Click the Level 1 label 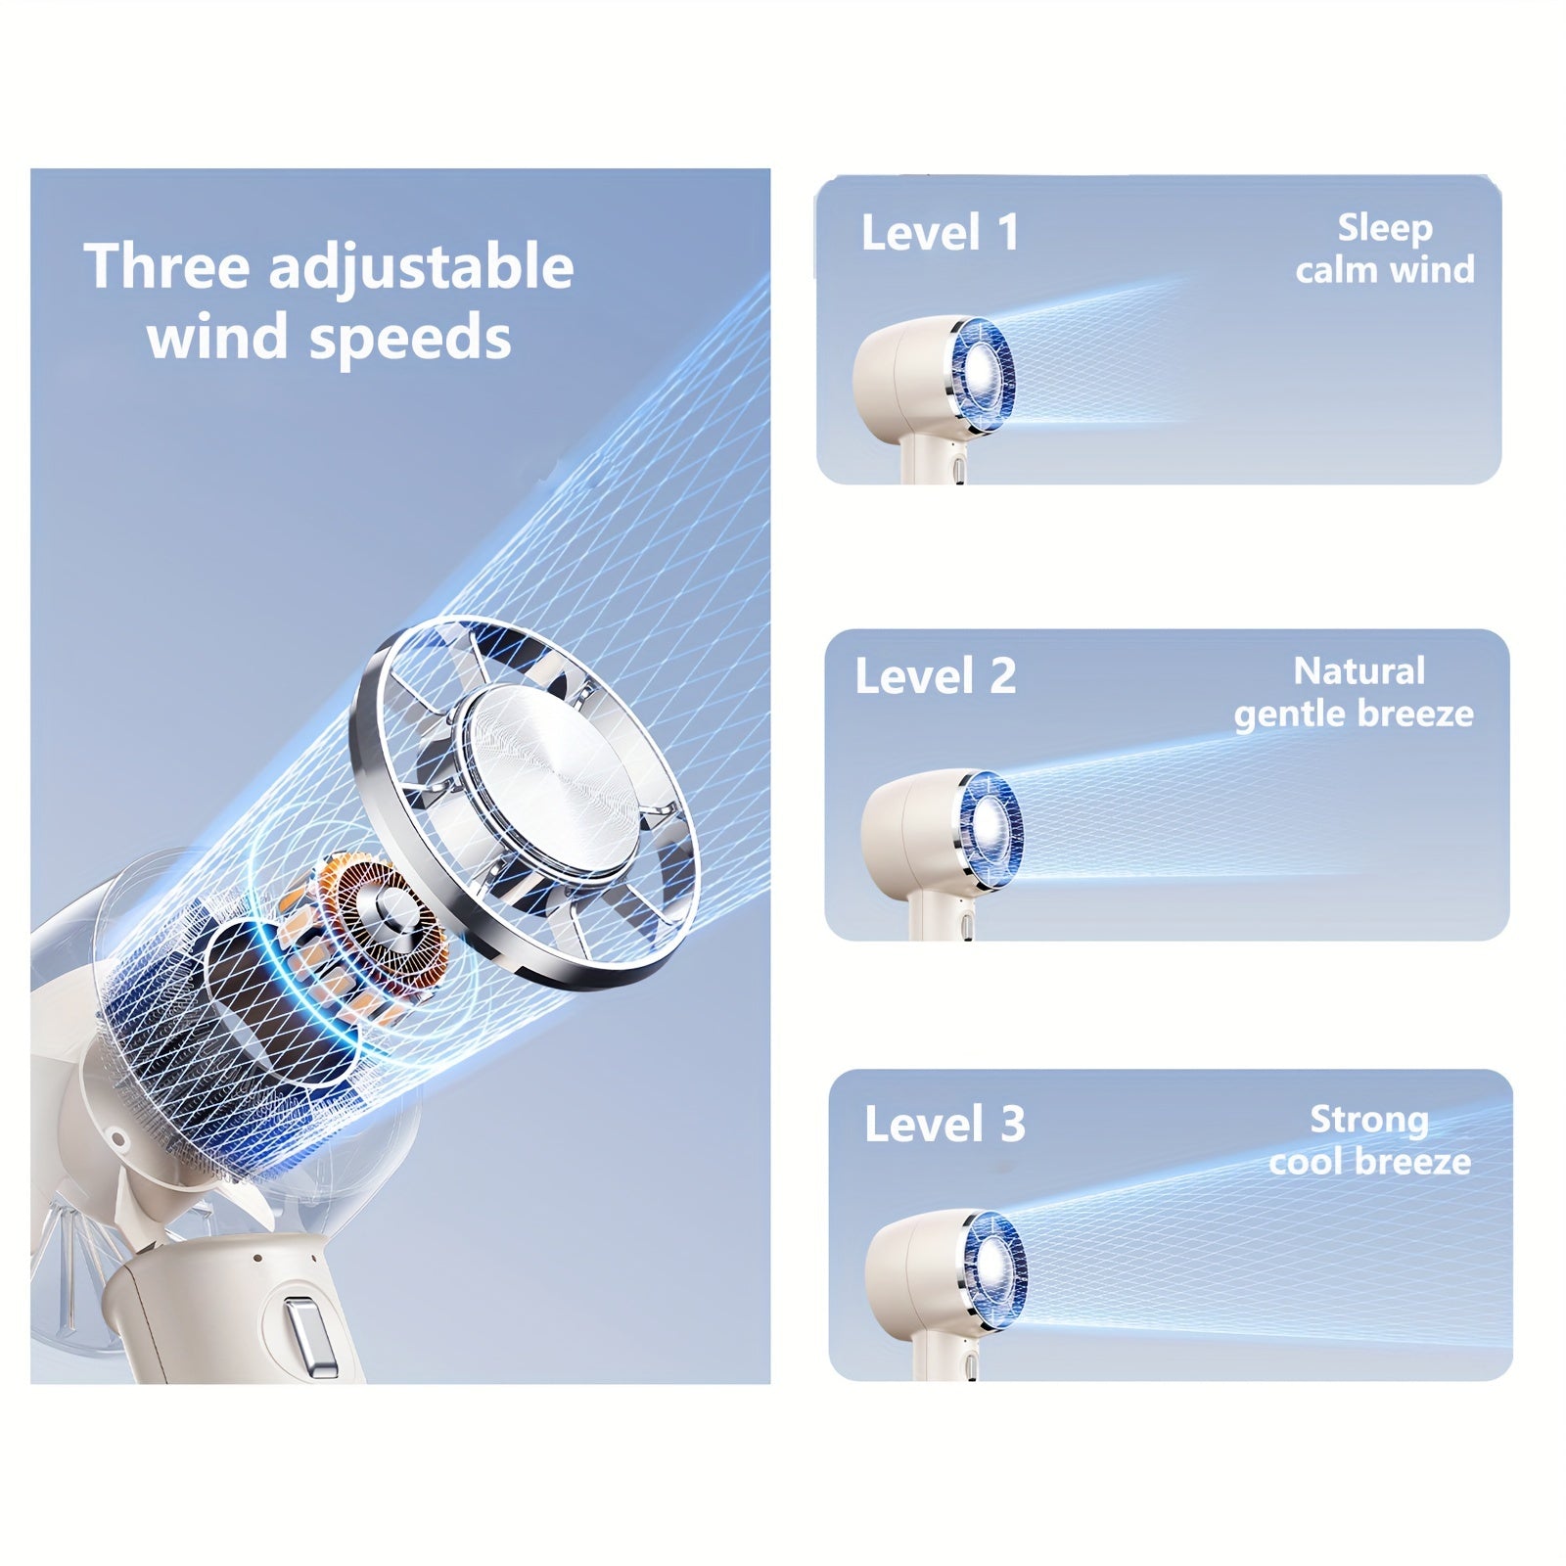point(941,233)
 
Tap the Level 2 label point(936,676)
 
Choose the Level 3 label point(944,1124)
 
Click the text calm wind point(1385,269)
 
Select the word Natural point(1359,671)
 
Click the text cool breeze point(1370,1162)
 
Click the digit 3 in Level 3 point(1013,1124)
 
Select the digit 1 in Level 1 point(1008,233)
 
